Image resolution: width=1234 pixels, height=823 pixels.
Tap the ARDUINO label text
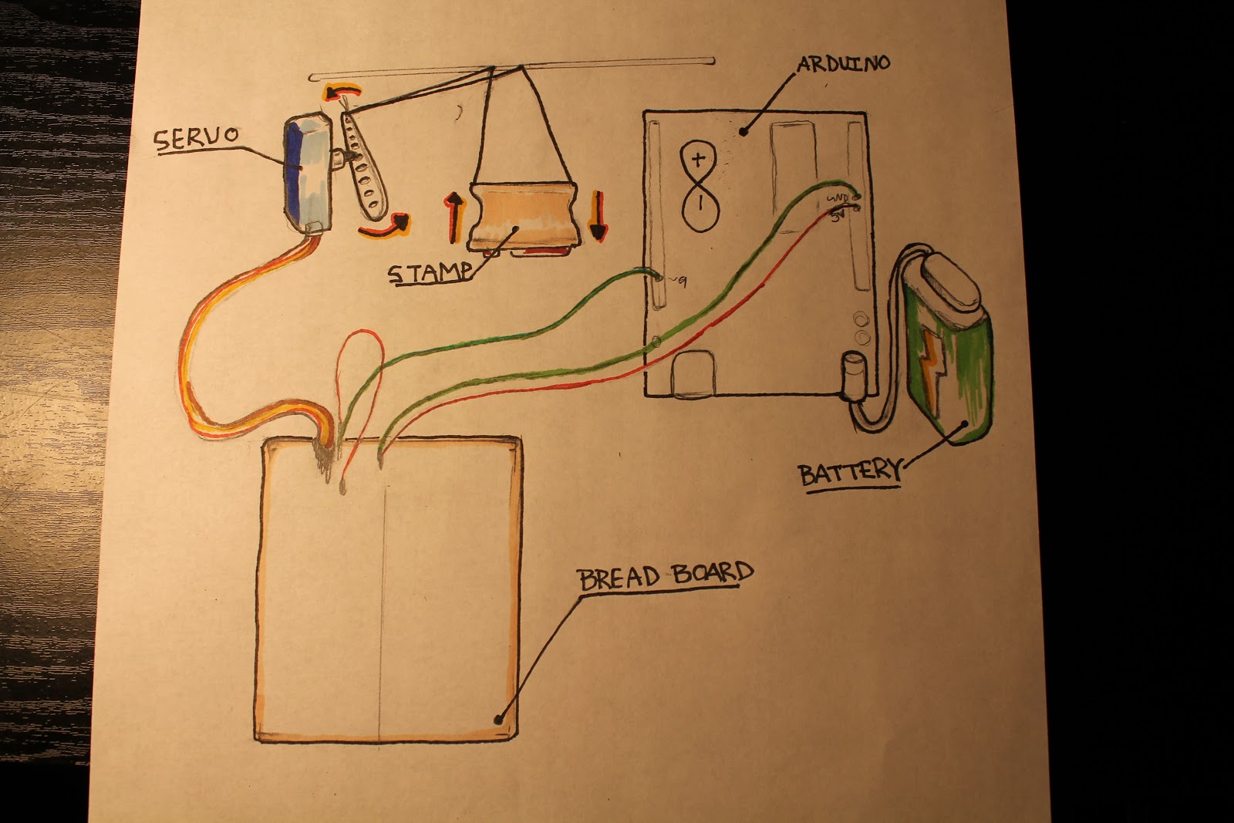(843, 63)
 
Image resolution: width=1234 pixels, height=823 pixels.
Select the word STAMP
(429, 272)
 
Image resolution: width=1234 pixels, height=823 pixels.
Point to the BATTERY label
(849, 471)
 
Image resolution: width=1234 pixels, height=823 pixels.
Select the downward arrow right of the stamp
(598, 218)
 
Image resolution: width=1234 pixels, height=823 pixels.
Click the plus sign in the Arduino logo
(699, 160)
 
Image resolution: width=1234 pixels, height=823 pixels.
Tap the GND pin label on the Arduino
(837, 198)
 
